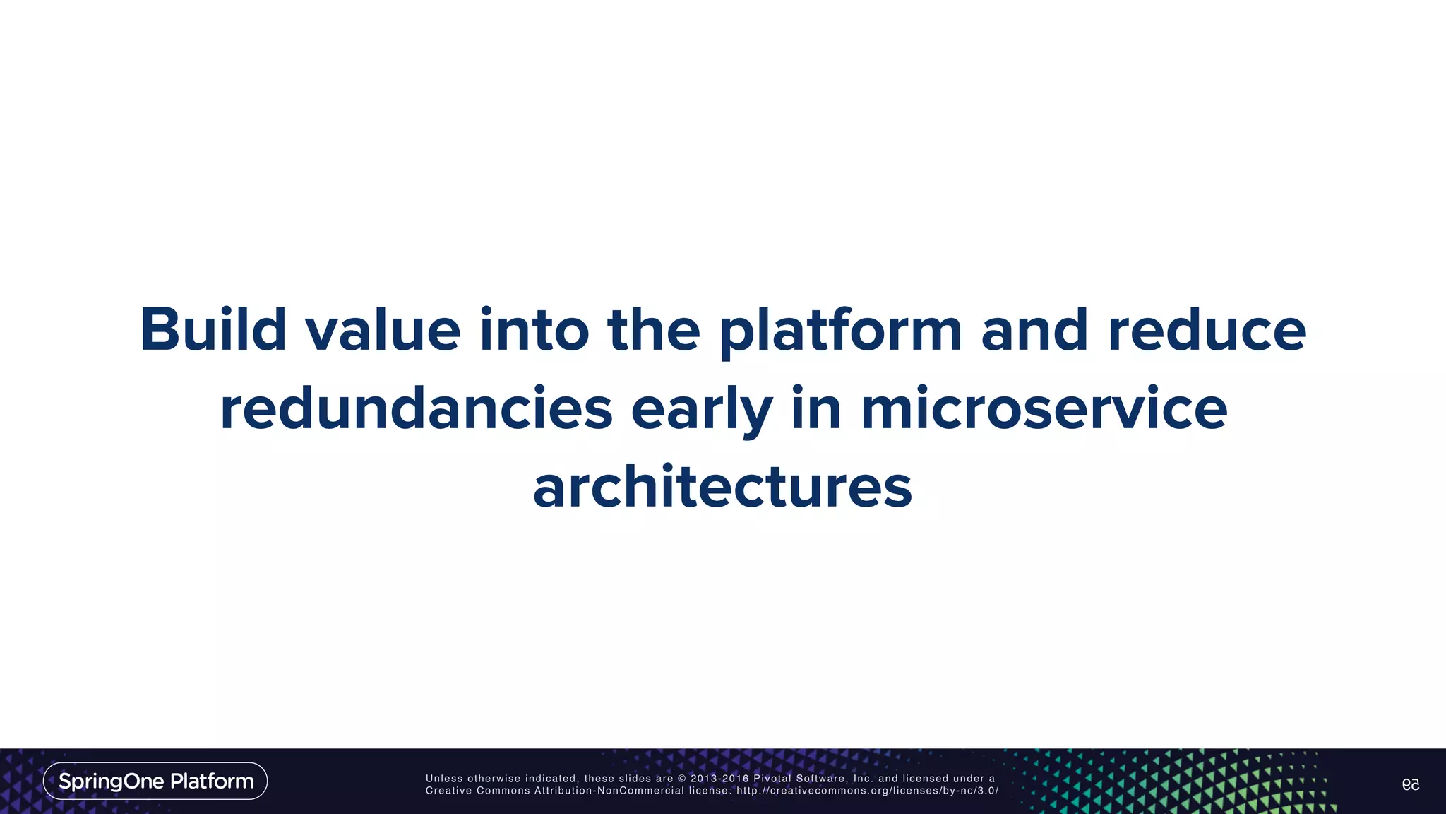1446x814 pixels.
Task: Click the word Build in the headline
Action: point(213,329)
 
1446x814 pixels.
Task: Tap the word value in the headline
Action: point(383,331)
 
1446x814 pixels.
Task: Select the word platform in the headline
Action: point(840,331)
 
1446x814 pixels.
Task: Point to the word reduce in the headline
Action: point(1207,331)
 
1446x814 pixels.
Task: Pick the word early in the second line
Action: point(701,410)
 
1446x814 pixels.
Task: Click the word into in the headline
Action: point(534,331)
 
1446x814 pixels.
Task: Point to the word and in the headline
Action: point(1034,331)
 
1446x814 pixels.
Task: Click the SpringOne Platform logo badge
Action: point(155,781)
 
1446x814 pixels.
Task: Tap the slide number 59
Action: point(1410,784)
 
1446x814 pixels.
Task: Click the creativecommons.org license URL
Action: point(867,791)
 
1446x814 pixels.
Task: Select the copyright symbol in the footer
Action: point(681,779)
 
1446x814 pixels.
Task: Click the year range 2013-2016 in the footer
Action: point(719,779)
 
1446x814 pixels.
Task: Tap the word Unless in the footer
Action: point(444,779)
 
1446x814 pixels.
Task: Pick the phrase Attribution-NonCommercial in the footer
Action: point(609,791)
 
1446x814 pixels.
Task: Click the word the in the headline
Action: point(653,331)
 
